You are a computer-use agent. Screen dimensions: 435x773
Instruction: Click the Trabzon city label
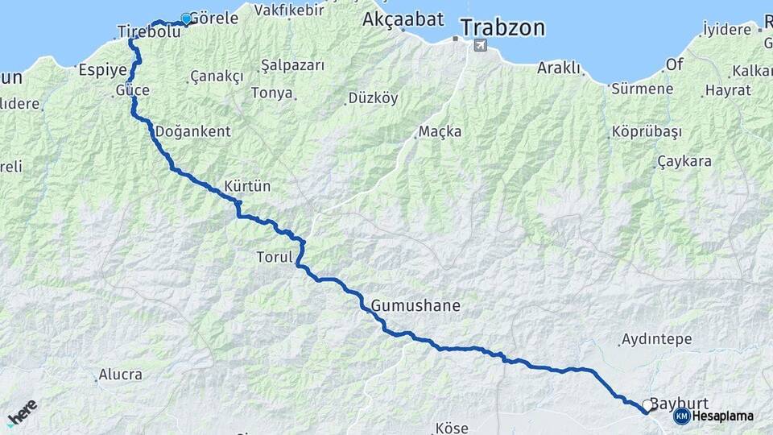[502, 28]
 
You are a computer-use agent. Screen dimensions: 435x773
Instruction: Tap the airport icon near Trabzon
[481, 45]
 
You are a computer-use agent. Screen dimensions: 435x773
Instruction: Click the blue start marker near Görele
[186, 19]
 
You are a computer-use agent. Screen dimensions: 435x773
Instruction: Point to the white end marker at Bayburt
[646, 407]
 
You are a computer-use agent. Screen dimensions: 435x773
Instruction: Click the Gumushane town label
[415, 306]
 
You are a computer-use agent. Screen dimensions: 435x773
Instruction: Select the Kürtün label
[248, 186]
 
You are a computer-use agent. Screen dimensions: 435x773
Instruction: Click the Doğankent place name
[192, 131]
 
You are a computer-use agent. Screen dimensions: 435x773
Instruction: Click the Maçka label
[440, 131]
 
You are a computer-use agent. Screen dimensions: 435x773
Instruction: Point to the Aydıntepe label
[657, 339]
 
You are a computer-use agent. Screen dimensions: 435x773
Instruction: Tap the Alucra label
[120, 375]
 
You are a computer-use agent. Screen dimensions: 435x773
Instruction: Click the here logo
[23, 412]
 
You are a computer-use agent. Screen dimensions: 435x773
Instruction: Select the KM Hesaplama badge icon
[682, 416]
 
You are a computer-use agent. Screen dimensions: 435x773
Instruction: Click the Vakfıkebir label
[289, 10]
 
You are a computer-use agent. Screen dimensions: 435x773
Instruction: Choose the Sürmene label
[642, 89]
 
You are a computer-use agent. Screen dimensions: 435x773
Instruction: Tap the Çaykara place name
[684, 161]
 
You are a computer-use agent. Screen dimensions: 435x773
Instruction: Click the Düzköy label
[373, 98]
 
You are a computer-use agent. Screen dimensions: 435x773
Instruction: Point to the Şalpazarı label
[292, 65]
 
